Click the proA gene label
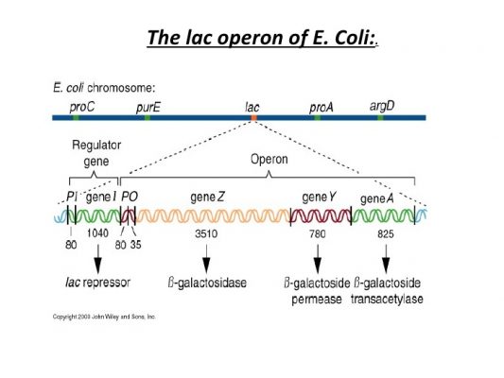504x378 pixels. [x=322, y=107]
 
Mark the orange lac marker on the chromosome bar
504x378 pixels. [x=253, y=118]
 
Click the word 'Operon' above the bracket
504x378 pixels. [x=268, y=160]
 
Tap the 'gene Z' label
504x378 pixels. [x=207, y=197]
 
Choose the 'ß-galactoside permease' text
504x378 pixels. [x=317, y=290]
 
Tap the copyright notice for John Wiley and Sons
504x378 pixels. [x=103, y=317]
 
